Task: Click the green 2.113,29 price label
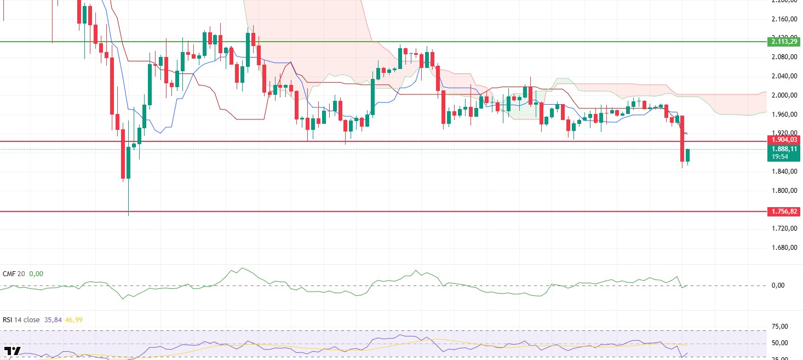tap(784, 42)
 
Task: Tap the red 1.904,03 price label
tap(784, 140)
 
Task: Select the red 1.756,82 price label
tap(784, 211)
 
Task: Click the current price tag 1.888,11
tap(784, 148)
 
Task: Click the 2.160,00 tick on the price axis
tap(783, 19)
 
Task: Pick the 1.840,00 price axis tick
tap(783, 172)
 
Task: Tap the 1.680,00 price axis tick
tap(783, 248)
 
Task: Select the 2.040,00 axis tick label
tap(783, 76)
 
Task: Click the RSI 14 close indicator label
tap(21, 319)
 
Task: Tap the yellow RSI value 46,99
tap(73, 319)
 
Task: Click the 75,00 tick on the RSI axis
tap(779, 327)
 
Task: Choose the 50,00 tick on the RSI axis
tap(779, 343)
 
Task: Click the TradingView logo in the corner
tap(13, 351)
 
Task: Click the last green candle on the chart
tap(688, 155)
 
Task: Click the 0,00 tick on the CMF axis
tap(778, 285)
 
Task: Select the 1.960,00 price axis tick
tap(783, 115)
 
